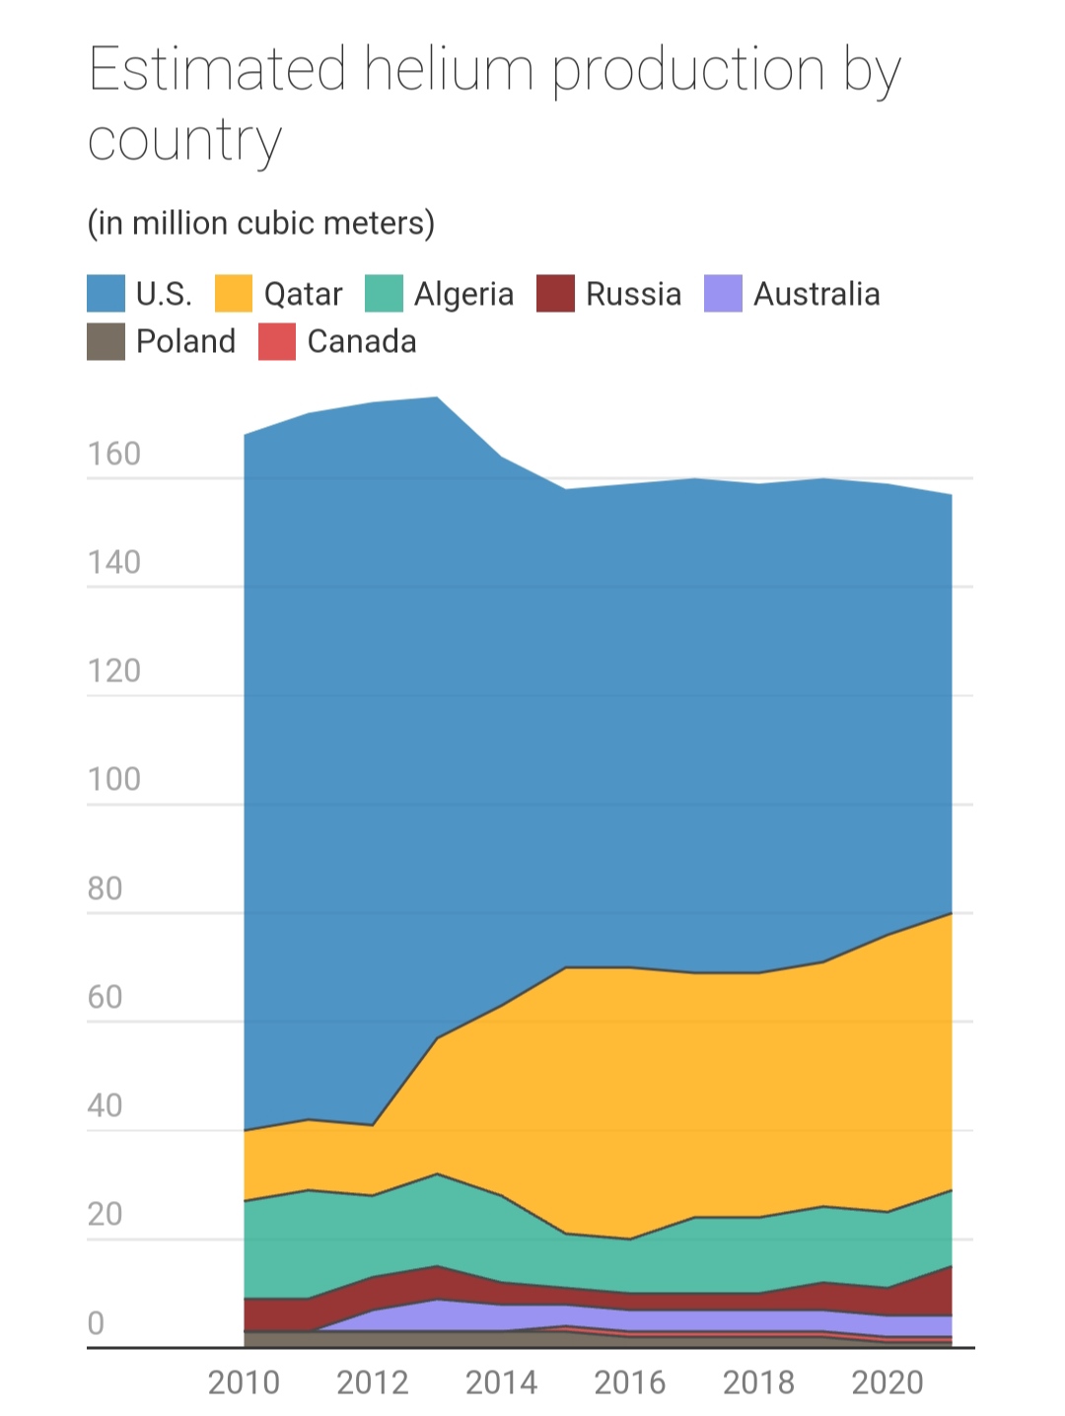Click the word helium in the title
[449, 70]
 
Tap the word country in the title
[184, 142]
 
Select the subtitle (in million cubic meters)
[261, 223]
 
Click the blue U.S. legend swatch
[106, 294]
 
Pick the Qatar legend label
[303, 294]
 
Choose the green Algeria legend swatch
[384, 294]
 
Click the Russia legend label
[633, 294]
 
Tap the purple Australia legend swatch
[723, 294]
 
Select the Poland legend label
[185, 341]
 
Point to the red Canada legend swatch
[277, 341]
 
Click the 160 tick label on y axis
[114, 455]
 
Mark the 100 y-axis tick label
[114, 780]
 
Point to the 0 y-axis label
[96, 1323]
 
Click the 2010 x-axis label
[244, 1382]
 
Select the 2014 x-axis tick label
[501, 1382]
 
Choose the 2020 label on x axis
[887, 1382]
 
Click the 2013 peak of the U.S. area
[437, 398]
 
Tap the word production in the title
[688, 70]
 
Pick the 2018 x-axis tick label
[758, 1382]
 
